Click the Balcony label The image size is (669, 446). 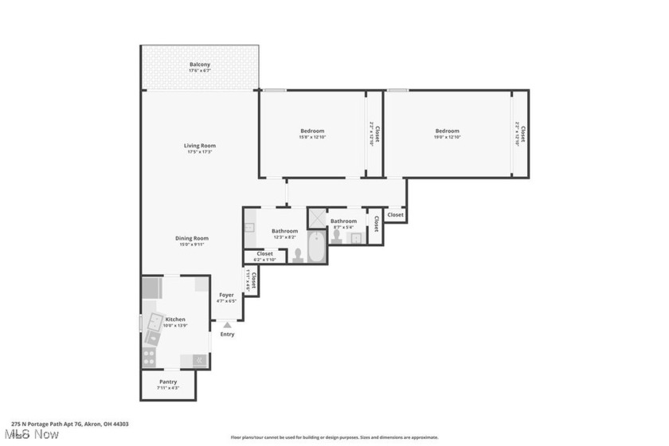point(200,65)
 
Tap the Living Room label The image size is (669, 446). point(200,146)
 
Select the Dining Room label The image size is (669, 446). point(193,238)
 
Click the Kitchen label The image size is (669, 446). point(175,319)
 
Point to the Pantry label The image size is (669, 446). point(168,381)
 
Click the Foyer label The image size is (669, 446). point(227,295)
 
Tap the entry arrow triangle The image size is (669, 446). point(228,324)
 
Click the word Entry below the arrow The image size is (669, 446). point(228,334)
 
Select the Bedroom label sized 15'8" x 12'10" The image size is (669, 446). point(312,131)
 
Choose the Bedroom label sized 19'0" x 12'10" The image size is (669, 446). point(447,131)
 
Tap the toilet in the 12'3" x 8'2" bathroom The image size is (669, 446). point(298,255)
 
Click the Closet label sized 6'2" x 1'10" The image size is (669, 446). point(264,254)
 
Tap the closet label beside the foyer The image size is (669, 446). point(252,281)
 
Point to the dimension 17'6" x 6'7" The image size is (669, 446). point(200,72)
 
